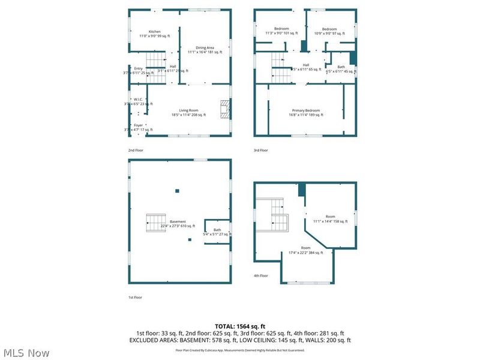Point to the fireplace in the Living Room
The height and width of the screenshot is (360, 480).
point(224,110)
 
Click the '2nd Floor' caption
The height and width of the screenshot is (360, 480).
point(136,150)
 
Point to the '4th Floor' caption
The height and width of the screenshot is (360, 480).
point(260,275)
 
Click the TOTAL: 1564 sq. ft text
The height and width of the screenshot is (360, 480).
point(240,326)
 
